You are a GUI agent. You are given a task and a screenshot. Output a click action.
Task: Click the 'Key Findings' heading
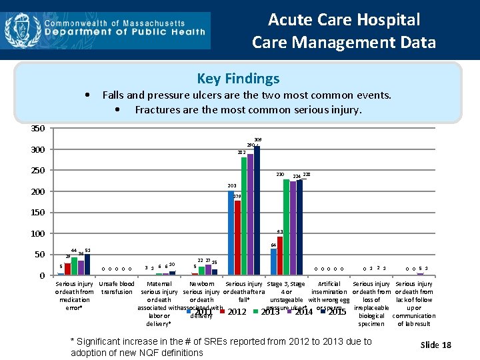click(238, 79)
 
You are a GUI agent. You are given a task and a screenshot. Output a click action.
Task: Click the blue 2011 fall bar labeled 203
click(231, 233)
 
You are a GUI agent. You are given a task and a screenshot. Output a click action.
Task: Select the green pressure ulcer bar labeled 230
click(286, 227)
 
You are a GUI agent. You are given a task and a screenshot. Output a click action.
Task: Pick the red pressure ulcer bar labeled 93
click(280, 255)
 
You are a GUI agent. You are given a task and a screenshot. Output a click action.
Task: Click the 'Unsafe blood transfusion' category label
click(117, 288)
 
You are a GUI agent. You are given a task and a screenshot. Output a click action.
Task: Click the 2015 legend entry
click(337, 312)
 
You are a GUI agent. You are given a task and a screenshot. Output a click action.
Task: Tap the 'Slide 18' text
click(436, 345)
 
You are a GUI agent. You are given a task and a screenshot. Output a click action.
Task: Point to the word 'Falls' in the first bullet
click(115, 95)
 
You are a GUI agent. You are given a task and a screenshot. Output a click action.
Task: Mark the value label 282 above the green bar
click(241, 153)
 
